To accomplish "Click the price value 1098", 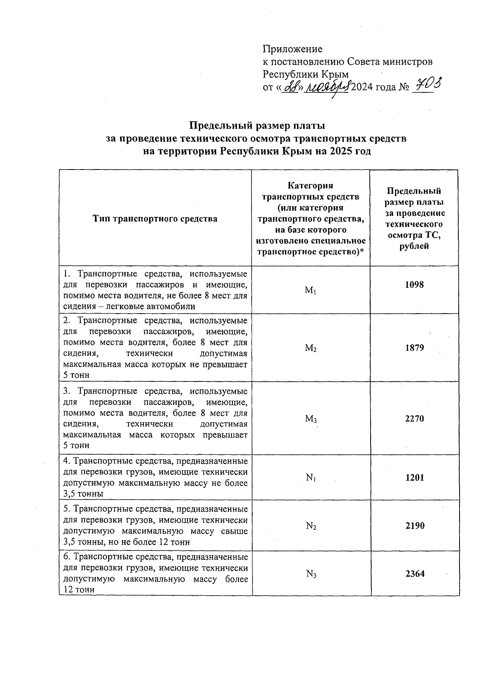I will (x=414, y=285).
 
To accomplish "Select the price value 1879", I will (x=414, y=347).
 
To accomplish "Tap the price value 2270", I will (x=414, y=419).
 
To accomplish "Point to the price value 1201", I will (x=415, y=478).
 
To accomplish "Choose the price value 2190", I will (x=415, y=526).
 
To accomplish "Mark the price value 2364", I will (x=415, y=573).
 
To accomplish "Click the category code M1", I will (x=310, y=290).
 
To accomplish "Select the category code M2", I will (x=310, y=348).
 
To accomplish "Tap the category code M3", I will (x=310, y=419).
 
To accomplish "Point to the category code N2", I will (x=311, y=526).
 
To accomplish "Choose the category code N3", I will (x=311, y=574).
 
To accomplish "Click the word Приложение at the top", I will (x=293, y=49).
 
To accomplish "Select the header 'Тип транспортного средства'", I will (x=155, y=219).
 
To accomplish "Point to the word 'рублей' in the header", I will (x=414, y=246).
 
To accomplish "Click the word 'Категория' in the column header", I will (x=310, y=186).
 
